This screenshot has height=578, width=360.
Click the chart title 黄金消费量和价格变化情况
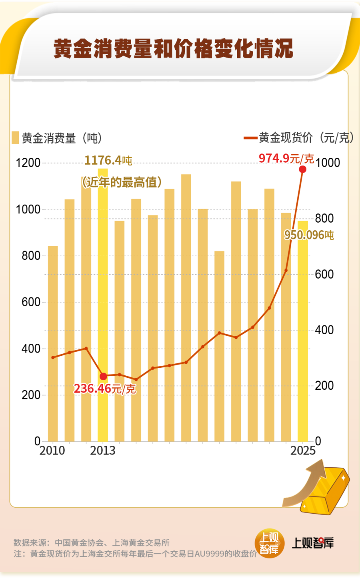(173, 49)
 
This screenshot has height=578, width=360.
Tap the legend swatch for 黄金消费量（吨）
(15, 138)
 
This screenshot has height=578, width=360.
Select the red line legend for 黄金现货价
(250, 138)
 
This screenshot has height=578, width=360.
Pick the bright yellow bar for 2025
(303, 332)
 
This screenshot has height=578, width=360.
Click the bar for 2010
(53, 344)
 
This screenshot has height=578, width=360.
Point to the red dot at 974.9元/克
(303, 169)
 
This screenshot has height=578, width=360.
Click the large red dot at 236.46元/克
(103, 377)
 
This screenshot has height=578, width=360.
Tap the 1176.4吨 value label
(108, 161)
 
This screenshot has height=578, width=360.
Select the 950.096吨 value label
(309, 235)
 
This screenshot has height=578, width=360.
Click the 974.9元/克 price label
(286, 158)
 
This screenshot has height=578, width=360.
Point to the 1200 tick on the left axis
(28, 163)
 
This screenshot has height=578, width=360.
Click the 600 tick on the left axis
(31, 302)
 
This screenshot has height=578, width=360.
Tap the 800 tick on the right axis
(324, 218)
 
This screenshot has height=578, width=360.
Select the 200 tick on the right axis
(324, 386)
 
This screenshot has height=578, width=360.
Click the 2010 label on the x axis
(52, 450)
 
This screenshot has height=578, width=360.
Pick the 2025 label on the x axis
(303, 450)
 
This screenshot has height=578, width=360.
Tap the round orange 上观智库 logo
(269, 543)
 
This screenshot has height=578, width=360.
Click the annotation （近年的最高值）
(122, 182)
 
